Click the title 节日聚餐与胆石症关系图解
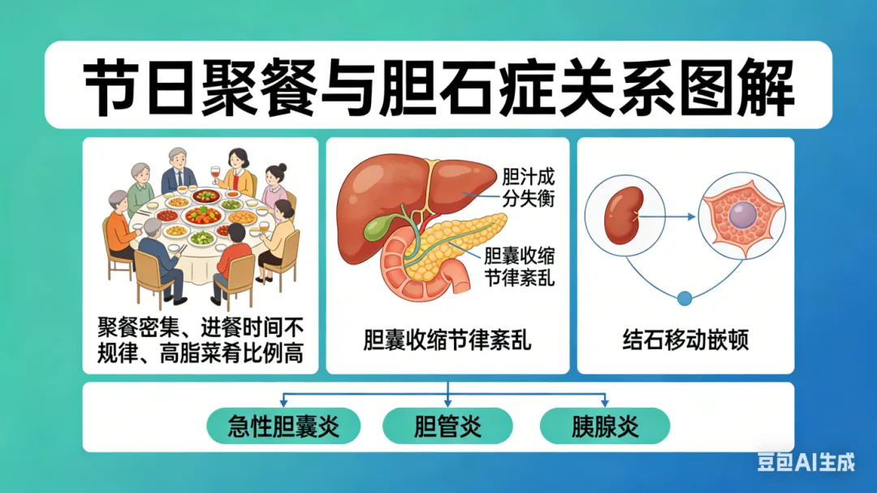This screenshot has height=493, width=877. pyautogui.click(x=438, y=85)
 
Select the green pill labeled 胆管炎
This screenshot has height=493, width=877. pyautogui.click(x=447, y=426)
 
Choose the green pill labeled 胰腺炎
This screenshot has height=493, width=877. pyautogui.click(x=605, y=426)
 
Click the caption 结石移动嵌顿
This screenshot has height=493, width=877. pyautogui.click(x=686, y=339)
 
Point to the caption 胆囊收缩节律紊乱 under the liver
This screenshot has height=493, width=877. pyautogui.click(x=447, y=339)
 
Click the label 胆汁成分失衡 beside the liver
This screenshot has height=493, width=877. pyautogui.click(x=529, y=187)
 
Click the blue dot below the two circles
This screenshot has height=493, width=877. pyautogui.click(x=685, y=298)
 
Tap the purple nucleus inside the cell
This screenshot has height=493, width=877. pyautogui.click(x=741, y=215)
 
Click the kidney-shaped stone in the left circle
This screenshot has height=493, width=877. pyautogui.click(x=624, y=215)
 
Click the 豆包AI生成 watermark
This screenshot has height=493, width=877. pyautogui.click(x=806, y=461)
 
